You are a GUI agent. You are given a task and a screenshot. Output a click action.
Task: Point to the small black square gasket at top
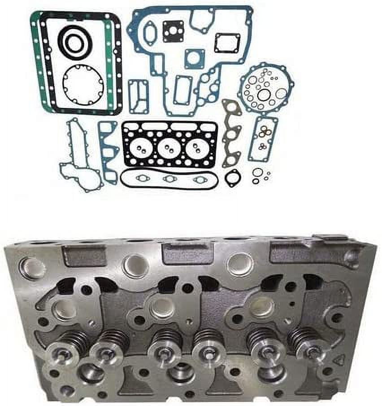(173, 31)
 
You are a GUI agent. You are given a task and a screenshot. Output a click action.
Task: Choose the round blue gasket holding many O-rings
(265, 89)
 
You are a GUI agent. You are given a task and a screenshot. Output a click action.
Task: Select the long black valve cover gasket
(169, 178)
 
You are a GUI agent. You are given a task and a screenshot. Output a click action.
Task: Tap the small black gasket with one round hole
(233, 178)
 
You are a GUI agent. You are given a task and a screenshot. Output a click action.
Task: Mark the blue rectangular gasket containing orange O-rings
(263, 139)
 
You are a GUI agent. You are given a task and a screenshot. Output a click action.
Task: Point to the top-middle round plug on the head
(136, 265)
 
